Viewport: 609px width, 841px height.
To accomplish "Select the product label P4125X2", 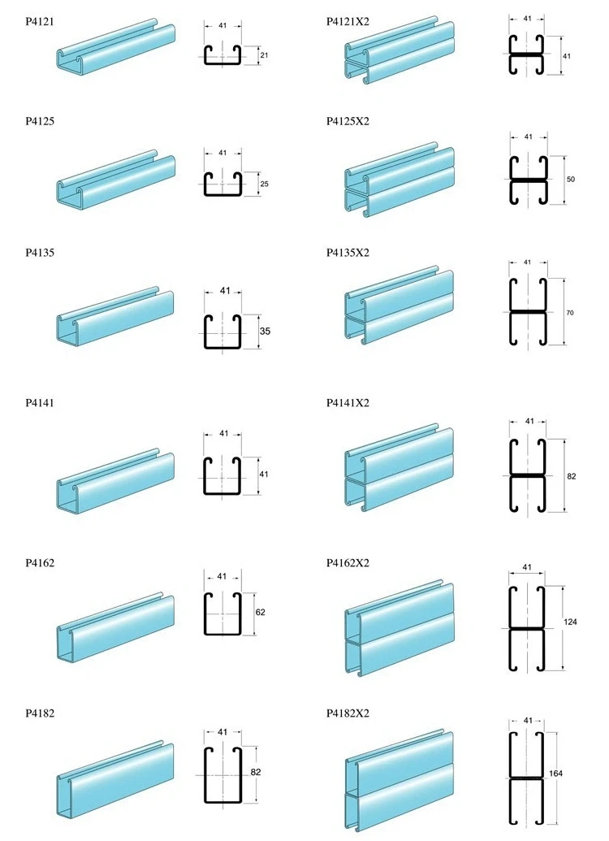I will [x=348, y=121].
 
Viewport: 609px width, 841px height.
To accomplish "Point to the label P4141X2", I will [x=348, y=403].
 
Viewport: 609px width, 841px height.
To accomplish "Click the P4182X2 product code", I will [x=348, y=713].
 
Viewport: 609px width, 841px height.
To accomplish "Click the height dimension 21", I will [x=264, y=56].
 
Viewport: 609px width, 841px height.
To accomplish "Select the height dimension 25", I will [x=264, y=184].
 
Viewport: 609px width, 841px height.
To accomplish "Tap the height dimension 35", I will [x=265, y=332].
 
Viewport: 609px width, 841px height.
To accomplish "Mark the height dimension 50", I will [x=571, y=179].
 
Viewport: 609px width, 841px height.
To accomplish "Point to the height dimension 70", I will [x=571, y=312].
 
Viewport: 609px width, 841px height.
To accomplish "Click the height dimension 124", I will [x=571, y=622].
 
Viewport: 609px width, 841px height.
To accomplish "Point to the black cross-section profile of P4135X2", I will [x=528, y=311].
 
